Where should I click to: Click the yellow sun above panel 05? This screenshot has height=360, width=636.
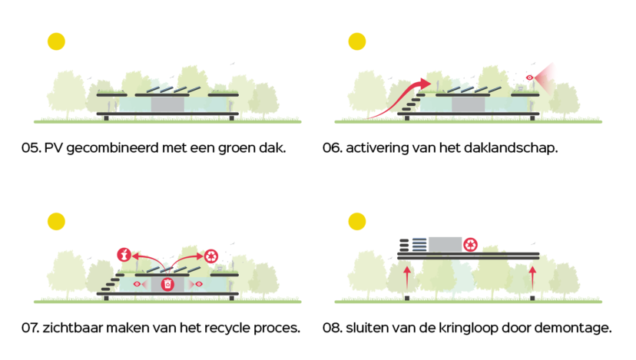coord(56,41)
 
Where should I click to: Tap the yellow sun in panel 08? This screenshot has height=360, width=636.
coord(356,222)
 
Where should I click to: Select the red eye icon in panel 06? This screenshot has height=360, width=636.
coord(528,78)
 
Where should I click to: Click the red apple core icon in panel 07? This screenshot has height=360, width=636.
coord(122,253)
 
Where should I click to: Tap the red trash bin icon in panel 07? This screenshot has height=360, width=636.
coord(167,284)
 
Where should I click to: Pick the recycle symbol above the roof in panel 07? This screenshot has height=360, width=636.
coord(210,254)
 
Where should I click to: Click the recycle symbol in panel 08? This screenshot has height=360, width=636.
coord(471,245)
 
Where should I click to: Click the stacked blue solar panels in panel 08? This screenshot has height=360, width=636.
coord(418,245)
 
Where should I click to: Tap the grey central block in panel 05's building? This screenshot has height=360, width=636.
coord(166,104)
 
